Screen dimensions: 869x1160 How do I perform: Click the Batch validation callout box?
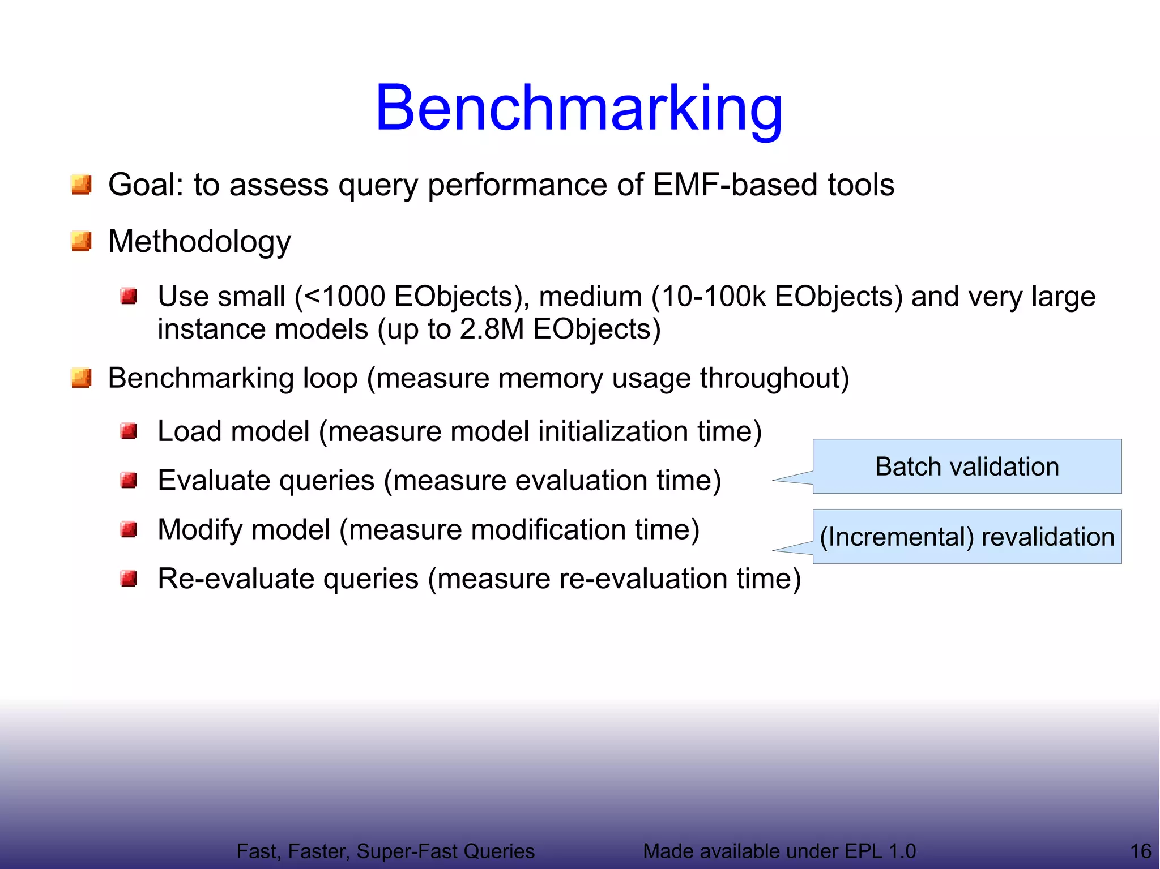click(x=967, y=466)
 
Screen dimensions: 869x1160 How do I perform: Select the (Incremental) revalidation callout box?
click(x=967, y=537)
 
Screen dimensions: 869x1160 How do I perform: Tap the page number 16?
click(x=1140, y=851)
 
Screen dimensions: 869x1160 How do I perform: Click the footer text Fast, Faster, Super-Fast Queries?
click(x=385, y=851)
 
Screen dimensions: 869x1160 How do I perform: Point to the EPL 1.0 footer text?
click(x=779, y=851)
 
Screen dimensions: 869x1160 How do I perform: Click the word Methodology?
click(x=199, y=241)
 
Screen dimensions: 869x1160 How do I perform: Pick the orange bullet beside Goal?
click(x=82, y=185)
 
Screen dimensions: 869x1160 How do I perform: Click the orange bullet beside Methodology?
click(x=82, y=241)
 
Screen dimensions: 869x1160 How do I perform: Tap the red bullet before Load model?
click(x=129, y=432)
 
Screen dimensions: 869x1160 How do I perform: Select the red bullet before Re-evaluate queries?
click(x=129, y=579)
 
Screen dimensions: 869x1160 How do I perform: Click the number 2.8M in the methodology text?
click(x=492, y=329)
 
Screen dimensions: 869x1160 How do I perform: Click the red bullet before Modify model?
click(x=129, y=530)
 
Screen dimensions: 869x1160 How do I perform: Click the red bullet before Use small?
click(x=129, y=296)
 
